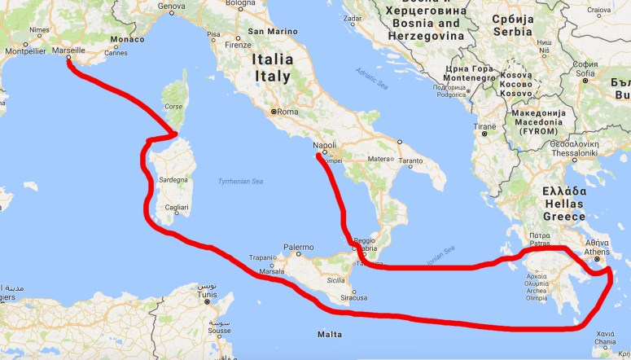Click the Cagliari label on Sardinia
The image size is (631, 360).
(x=177, y=209)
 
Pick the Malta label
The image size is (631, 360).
(x=330, y=334)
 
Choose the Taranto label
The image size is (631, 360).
(x=411, y=160)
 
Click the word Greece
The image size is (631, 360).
(x=565, y=217)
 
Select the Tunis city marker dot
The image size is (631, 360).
(x=207, y=301)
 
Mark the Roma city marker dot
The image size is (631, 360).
(x=275, y=111)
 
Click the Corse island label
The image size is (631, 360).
(x=174, y=106)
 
